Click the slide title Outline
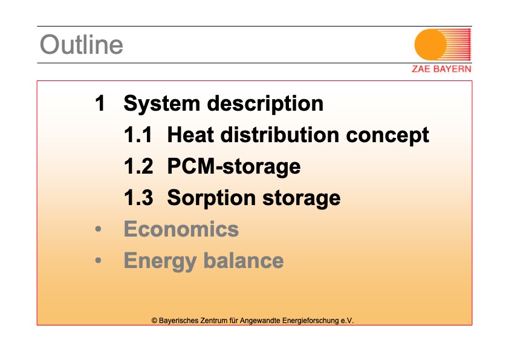click(x=82, y=45)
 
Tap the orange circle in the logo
click(x=430, y=45)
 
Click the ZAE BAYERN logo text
click(x=441, y=69)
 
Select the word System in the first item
click(x=162, y=104)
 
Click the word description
click(x=265, y=104)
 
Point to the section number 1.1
click(x=138, y=135)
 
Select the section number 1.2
click(x=138, y=166)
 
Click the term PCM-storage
click(x=234, y=167)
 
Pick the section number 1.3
click(x=138, y=197)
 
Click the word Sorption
click(x=212, y=198)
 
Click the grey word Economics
click(x=181, y=229)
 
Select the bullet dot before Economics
click(x=99, y=229)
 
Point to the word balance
click(x=244, y=261)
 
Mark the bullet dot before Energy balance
click(x=99, y=261)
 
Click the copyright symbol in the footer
click(x=154, y=321)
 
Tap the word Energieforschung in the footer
click(x=310, y=321)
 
